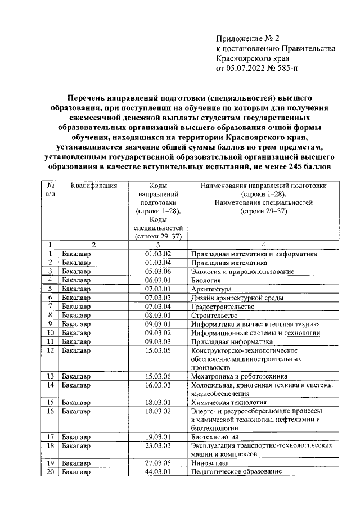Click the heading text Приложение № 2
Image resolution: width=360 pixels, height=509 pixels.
tap(247, 39)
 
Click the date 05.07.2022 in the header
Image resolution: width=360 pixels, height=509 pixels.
tap(246, 69)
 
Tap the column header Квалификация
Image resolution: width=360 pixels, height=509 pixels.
tap(94, 186)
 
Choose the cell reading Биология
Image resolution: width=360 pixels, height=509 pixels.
tap(206, 280)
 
